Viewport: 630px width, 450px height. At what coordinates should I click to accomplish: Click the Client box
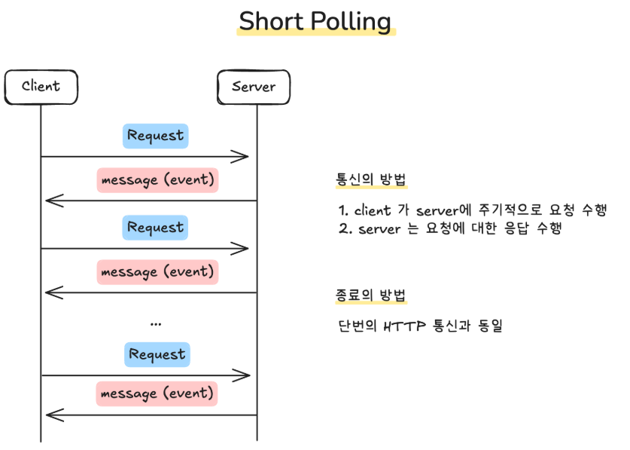41,86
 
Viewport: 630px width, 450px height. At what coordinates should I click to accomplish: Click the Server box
254,86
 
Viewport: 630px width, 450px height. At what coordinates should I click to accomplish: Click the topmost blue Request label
155,136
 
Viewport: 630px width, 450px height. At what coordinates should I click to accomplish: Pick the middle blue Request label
155,227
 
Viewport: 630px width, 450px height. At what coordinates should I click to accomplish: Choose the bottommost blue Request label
157,354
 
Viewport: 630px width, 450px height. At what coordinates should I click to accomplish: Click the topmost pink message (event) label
157,180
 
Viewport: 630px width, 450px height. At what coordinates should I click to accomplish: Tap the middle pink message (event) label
157,271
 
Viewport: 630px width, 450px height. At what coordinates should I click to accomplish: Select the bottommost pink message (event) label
157,393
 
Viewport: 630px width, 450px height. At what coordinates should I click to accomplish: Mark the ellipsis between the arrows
156,323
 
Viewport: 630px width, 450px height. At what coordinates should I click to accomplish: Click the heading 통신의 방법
370,180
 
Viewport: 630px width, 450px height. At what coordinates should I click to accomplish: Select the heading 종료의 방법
370,295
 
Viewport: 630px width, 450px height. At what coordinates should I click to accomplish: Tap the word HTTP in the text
403,327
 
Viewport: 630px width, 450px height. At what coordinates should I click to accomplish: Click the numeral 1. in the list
343,210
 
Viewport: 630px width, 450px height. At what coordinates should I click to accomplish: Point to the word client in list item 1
372,210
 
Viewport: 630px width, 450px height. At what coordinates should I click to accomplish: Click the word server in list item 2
379,229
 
